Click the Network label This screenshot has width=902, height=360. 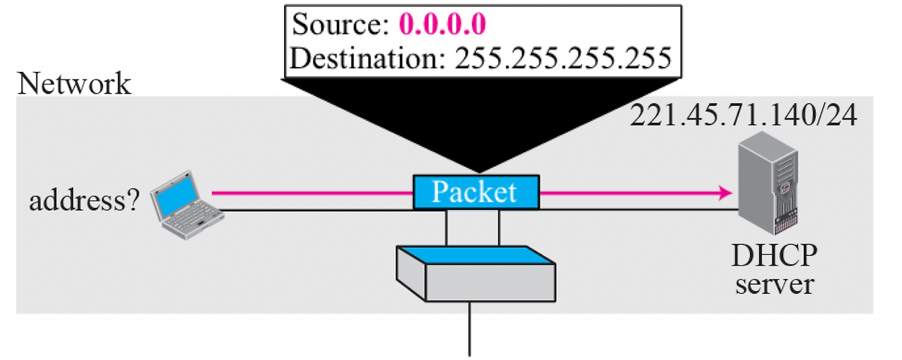[74, 84]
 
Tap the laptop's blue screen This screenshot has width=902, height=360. [176, 195]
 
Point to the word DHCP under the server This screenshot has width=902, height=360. [774, 258]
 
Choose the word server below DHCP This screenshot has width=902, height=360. [774, 285]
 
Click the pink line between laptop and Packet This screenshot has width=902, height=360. [310, 192]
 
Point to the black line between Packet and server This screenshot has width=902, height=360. [634, 210]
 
